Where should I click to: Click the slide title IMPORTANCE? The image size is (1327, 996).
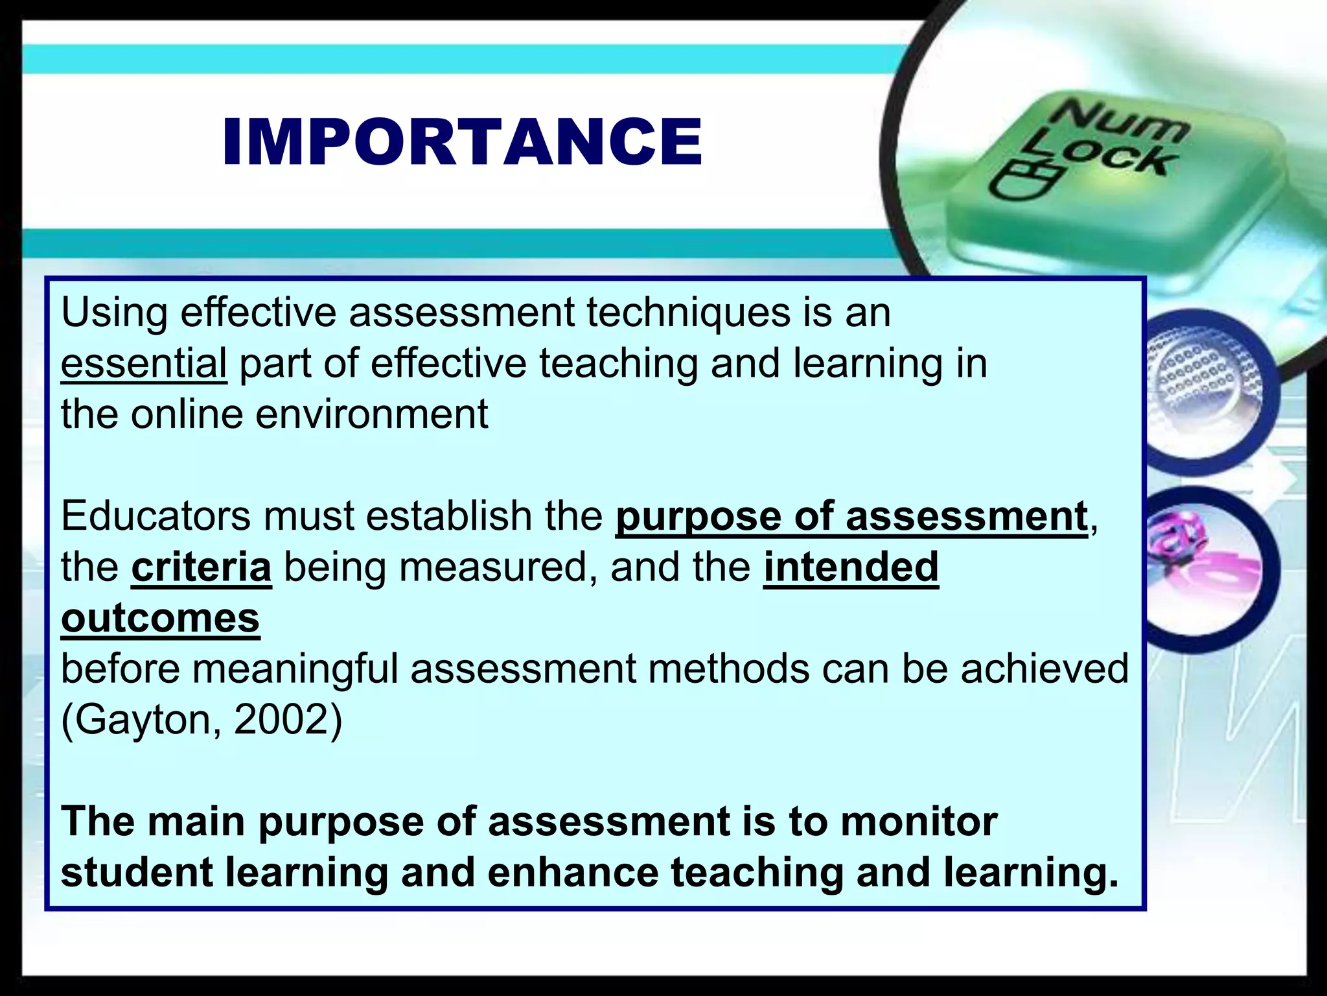tap(462, 142)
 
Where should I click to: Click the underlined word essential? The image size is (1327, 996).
tap(144, 363)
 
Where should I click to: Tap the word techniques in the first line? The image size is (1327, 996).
tap(688, 313)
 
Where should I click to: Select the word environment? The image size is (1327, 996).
tap(371, 414)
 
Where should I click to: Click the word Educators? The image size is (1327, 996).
tap(156, 516)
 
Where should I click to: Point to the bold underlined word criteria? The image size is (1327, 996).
tap(202, 567)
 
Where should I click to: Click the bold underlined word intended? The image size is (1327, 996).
tap(851, 567)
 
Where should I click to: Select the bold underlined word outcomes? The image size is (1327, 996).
tap(160, 618)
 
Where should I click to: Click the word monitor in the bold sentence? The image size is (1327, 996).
tap(918, 822)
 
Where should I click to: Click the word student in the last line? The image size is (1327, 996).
tap(137, 872)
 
